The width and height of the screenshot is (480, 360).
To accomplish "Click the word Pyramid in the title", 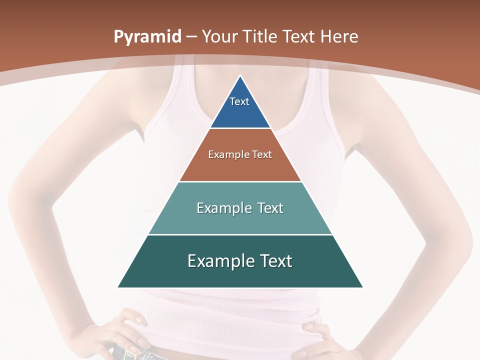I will click(147, 37).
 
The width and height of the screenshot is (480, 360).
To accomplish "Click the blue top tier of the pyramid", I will click(240, 107).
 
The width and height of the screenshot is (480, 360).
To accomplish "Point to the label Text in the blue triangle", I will click(239, 101).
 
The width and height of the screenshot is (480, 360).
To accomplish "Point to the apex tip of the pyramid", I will click(240, 76).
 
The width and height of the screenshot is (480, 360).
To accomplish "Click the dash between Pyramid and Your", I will click(191, 37).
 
